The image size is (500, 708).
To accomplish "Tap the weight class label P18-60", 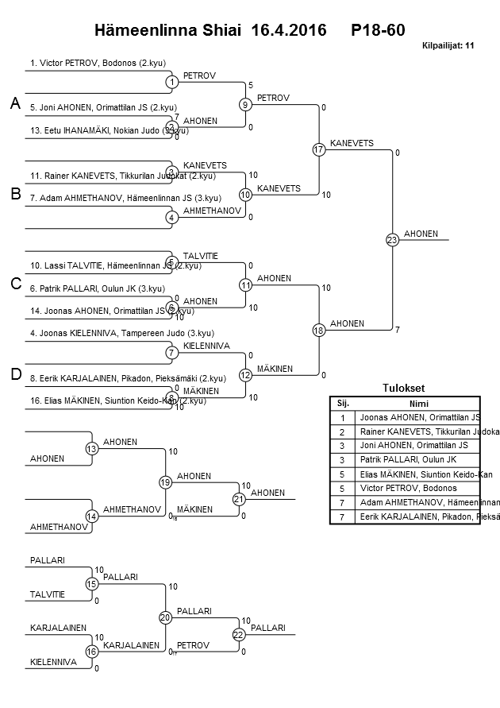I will [378, 30].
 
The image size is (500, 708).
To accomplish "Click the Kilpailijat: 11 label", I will [448, 46].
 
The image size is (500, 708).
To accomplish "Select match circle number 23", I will [392, 239].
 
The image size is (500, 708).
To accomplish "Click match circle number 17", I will [319, 149].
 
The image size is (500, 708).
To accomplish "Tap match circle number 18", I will [319, 330].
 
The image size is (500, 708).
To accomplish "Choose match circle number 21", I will [239, 499].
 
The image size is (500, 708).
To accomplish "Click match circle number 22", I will [239, 634].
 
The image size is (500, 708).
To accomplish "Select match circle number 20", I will [165, 617].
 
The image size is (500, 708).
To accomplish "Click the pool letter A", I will [14, 103].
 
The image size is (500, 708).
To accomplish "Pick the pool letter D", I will [14, 374].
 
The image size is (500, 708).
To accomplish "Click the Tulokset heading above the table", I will [404, 389].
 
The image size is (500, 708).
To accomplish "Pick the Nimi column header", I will [420, 403].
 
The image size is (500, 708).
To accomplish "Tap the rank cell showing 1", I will [343, 417].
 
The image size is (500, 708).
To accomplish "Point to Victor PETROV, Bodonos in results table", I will [408, 488].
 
